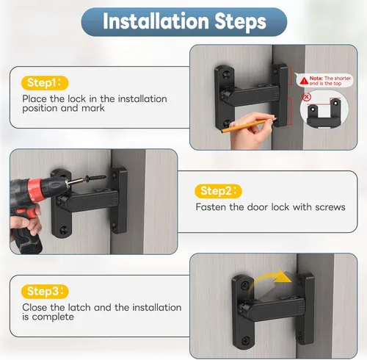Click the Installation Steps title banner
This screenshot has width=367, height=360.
click(184, 22)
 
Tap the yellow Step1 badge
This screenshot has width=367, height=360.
click(45, 83)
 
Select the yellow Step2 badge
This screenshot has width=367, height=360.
click(218, 191)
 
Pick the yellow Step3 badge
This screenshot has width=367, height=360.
click(45, 292)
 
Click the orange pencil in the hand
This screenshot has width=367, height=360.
click(245, 126)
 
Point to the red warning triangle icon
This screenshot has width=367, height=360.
click(304, 81)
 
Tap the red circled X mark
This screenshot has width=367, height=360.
click(306, 97)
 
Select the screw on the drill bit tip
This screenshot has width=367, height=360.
click(95, 179)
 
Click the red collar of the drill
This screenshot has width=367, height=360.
click(36, 190)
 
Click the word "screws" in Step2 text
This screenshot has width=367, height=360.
click(330, 207)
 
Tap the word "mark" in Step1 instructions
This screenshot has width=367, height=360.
click(93, 108)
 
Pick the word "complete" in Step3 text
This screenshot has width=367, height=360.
click(53, 317)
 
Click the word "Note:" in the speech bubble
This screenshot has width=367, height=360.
click(316, 78)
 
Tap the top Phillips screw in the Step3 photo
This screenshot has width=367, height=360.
click(245, 285)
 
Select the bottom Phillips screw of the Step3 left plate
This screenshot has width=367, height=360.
click(245, 340)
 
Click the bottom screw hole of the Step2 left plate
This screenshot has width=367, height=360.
click(64, 229)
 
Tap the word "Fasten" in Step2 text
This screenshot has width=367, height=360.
click(211, 207)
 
